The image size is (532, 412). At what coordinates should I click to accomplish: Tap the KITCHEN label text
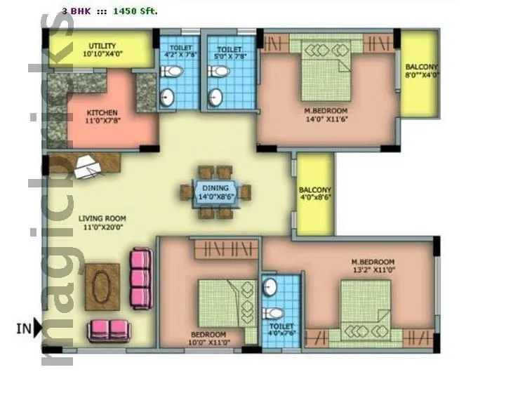[102, 116]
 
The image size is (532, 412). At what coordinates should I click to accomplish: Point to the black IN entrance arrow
[37, 327]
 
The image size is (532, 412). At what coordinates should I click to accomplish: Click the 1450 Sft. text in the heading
[135, 11]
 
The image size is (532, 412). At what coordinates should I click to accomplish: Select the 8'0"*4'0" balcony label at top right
[421, 72]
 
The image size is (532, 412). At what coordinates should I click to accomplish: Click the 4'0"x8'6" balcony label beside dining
[315, 194]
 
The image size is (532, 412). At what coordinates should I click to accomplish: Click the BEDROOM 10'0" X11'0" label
[208, 338]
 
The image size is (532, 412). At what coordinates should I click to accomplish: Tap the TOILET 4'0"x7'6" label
[281, 330]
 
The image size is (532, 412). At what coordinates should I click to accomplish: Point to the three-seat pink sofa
[141, 278]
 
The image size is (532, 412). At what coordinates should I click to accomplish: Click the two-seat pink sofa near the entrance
[109, 331]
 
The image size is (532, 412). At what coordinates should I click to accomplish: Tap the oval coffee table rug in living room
[102, 286]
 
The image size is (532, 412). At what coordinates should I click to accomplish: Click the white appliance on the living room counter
[88, 166]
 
